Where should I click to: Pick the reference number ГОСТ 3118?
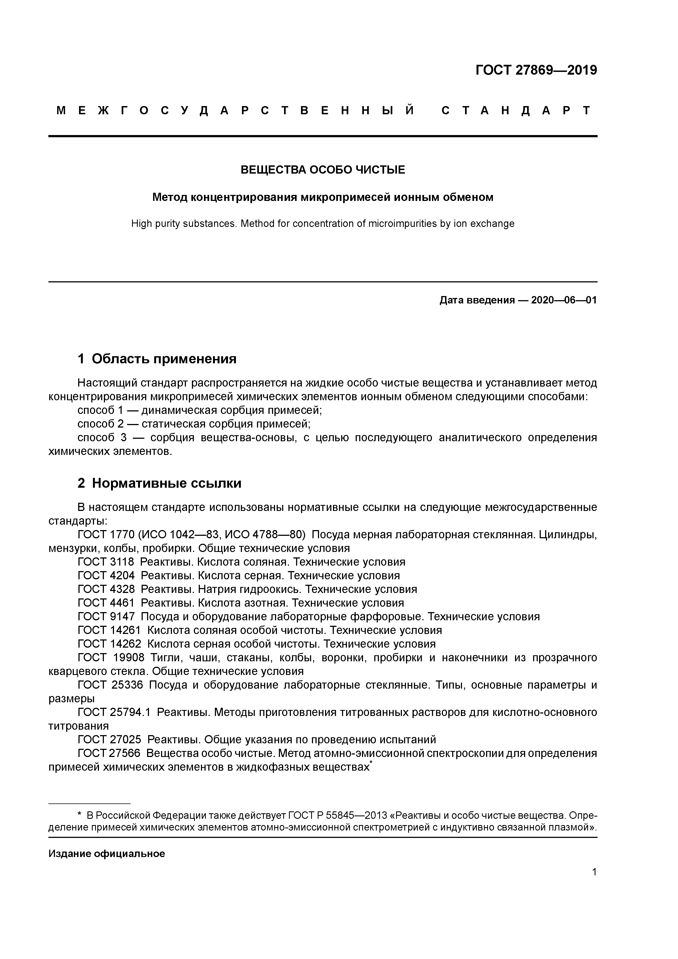click(x=106, y=562)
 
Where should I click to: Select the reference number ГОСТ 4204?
click(x=106, y=575)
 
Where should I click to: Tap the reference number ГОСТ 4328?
click(x=106, y=589)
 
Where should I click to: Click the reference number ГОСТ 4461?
click(x=106, y=603)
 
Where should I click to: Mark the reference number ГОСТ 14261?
click(x=109, y=630)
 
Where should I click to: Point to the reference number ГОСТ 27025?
click(x=109, y=740)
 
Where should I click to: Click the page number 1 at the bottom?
click(x=594, y=872)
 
